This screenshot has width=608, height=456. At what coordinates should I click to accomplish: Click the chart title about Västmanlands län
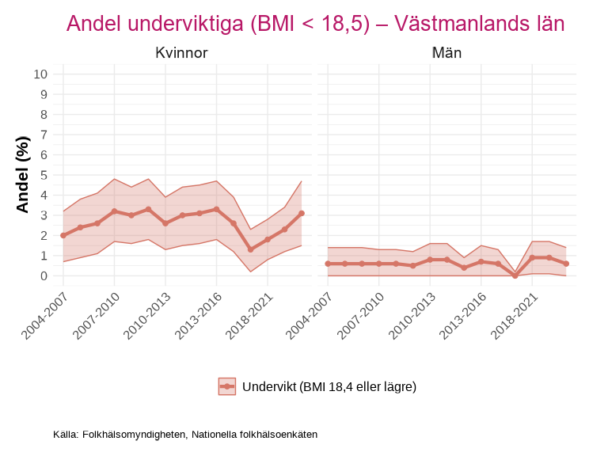click(315, 24)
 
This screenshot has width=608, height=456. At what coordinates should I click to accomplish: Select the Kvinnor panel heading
click(181, 54)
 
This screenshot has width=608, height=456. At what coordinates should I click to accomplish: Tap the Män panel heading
click(446, 54)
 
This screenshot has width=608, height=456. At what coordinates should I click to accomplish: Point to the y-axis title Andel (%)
click(23, 174)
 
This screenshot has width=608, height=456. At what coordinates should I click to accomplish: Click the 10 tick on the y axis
click(40, 74)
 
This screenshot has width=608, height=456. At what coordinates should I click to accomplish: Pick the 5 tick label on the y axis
click(44, 175)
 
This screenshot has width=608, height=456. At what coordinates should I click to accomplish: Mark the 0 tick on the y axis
click(44, 276)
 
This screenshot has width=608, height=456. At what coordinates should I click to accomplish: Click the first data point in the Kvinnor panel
click(63, 235)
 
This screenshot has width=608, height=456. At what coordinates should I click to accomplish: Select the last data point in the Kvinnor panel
click(302, 213)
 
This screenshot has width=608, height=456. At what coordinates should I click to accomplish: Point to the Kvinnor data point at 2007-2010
click(114, 211)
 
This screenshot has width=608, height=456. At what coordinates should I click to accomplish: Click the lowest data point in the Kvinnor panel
click(250, 249)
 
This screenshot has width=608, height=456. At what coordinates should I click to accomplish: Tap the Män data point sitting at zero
click(515, 275)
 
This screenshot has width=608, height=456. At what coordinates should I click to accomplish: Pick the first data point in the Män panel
click(328, 264)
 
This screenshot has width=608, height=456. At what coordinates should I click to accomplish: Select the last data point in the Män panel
click(566, 264)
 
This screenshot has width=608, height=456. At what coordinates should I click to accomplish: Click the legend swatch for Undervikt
click(227, 386)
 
